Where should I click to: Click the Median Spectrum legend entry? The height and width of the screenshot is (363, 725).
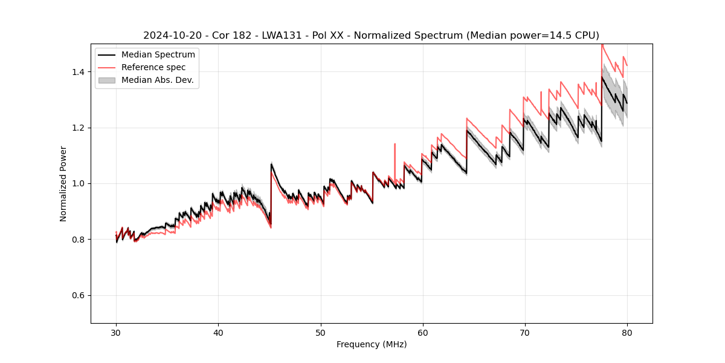tap(158, 55)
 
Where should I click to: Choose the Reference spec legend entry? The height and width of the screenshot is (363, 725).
tap(153, 67)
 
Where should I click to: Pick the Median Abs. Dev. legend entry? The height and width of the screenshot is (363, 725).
tap(157, 80)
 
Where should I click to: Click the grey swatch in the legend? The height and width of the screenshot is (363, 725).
tap(107, 80)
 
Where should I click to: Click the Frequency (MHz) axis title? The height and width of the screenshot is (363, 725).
tap(372, 344)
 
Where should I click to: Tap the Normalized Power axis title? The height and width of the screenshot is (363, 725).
tap(63, 183)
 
